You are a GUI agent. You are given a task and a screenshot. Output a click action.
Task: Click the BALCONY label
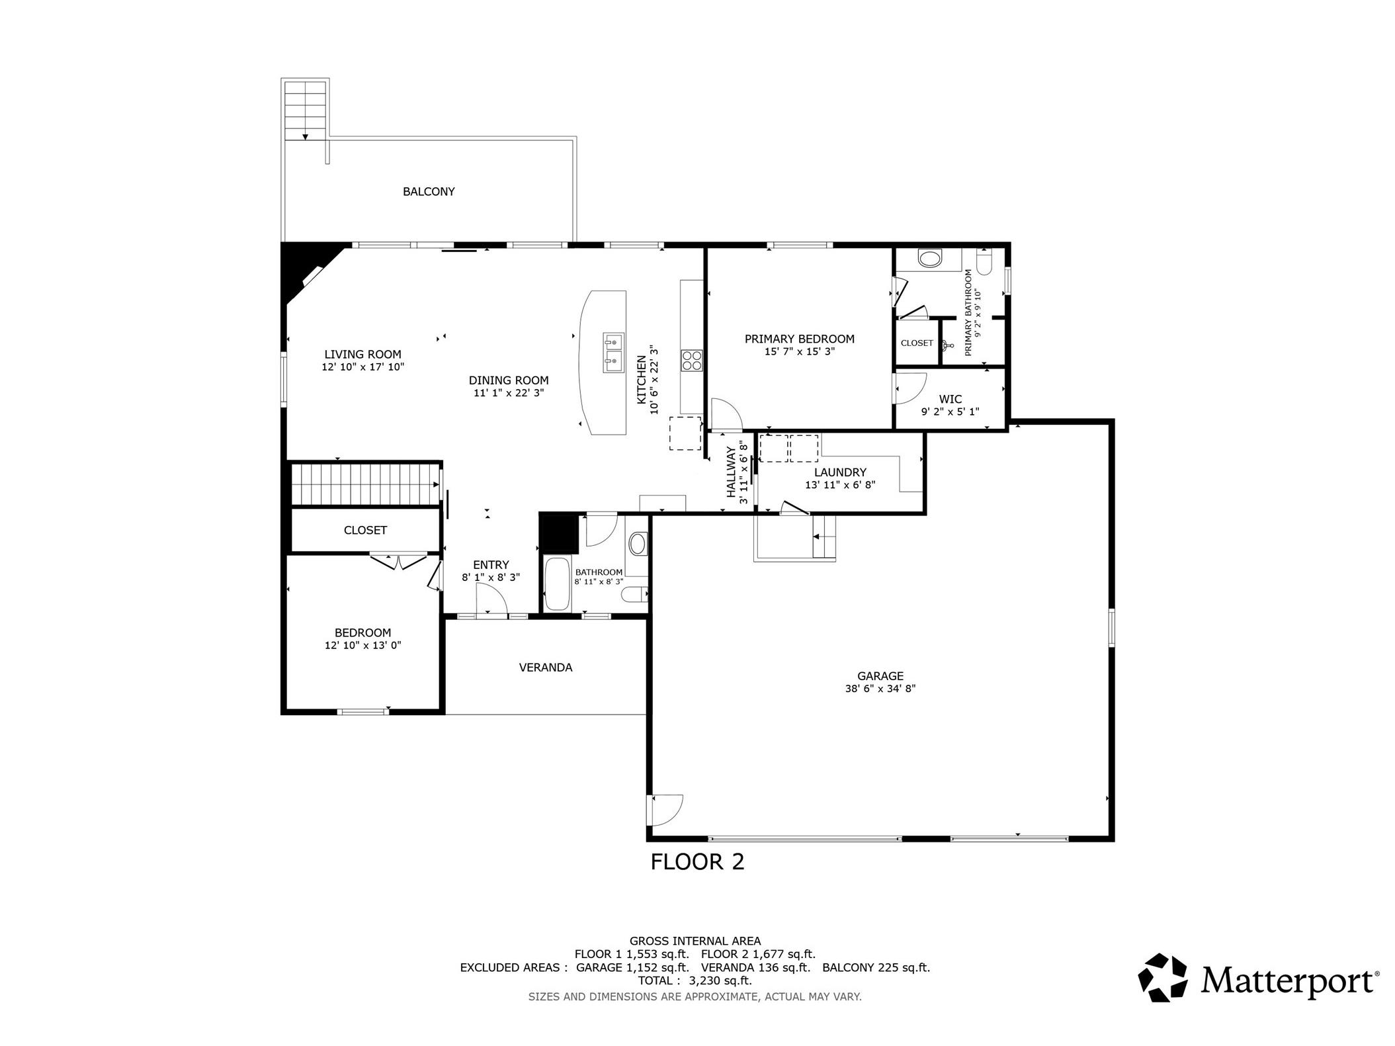429,192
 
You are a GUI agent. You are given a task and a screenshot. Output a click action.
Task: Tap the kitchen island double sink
613,353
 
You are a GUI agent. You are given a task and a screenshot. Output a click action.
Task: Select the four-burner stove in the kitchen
692,361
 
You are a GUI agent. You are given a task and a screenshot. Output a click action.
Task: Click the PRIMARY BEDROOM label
799,339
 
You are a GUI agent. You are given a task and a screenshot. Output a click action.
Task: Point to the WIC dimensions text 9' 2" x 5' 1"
950,412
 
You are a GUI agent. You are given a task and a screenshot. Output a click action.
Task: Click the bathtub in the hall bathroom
556,584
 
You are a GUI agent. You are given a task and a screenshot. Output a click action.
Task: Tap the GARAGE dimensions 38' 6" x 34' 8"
880,688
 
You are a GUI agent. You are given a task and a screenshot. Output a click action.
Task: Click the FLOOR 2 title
697,862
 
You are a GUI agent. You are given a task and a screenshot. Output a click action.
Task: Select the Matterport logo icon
1162,977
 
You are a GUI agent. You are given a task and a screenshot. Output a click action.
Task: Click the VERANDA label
546,668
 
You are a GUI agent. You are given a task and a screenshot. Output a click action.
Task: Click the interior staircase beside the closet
366,484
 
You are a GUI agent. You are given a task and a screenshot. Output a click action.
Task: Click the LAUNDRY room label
840,472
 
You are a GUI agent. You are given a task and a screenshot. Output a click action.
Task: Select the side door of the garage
665,810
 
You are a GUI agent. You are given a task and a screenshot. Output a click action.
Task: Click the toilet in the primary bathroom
984,263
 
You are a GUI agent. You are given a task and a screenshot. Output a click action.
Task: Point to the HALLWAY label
732,472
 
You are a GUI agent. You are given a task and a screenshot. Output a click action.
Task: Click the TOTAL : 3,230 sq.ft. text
695,981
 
